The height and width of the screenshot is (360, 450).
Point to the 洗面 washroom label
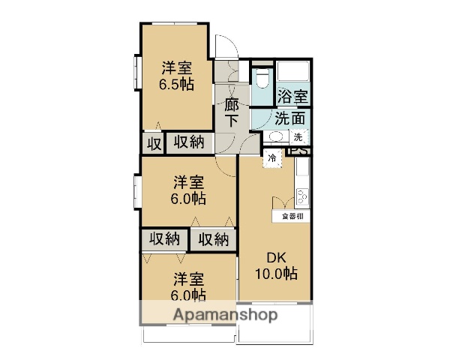[x=289, y=118]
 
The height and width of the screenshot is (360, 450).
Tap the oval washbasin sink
[x=274, y=137]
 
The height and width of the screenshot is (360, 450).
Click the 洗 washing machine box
[x=298, y=137]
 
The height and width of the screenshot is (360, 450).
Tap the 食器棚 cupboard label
[x=292, y=216]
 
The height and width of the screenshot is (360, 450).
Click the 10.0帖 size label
[x=277, y=274]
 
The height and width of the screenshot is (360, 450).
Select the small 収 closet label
[x=152, y=142]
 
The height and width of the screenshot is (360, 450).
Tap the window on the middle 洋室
[x=137, y=191]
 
